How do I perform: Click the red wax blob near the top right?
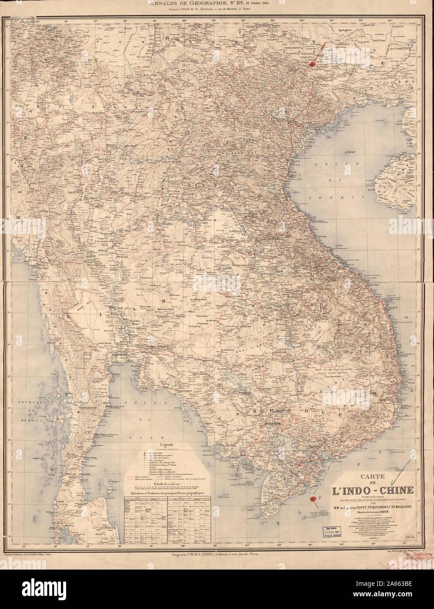click(312, 64)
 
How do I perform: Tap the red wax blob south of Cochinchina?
click(313, 498)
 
